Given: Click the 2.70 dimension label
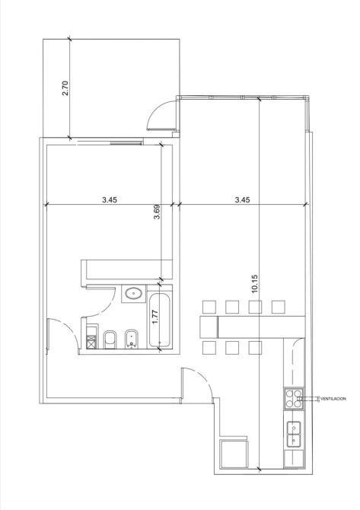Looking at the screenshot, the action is point(65,88).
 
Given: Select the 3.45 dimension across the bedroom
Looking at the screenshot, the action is point(110,199).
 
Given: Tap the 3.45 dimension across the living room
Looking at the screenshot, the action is point(242,199).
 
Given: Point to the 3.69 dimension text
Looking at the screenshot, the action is point(157,212).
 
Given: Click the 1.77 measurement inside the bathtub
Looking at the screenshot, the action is point(155,317).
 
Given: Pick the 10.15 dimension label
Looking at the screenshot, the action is point(254,284).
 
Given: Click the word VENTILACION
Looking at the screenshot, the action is point(333,399).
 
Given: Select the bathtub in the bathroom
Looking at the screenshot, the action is point(159,320).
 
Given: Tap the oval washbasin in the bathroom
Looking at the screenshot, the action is point(134,293).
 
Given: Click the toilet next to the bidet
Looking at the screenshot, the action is point(110,339).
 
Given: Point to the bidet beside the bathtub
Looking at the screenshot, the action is point(132,339).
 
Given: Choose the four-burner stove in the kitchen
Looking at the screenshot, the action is point(294,399).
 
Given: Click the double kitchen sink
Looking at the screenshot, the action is point(294,434).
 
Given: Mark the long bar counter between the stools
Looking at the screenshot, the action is point(252,327).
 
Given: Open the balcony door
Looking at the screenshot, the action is point(161,116).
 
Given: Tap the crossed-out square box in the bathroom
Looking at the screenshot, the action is point(91,343).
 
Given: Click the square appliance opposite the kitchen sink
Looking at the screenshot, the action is point(234,454).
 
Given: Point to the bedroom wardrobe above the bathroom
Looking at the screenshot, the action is point(126,269).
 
